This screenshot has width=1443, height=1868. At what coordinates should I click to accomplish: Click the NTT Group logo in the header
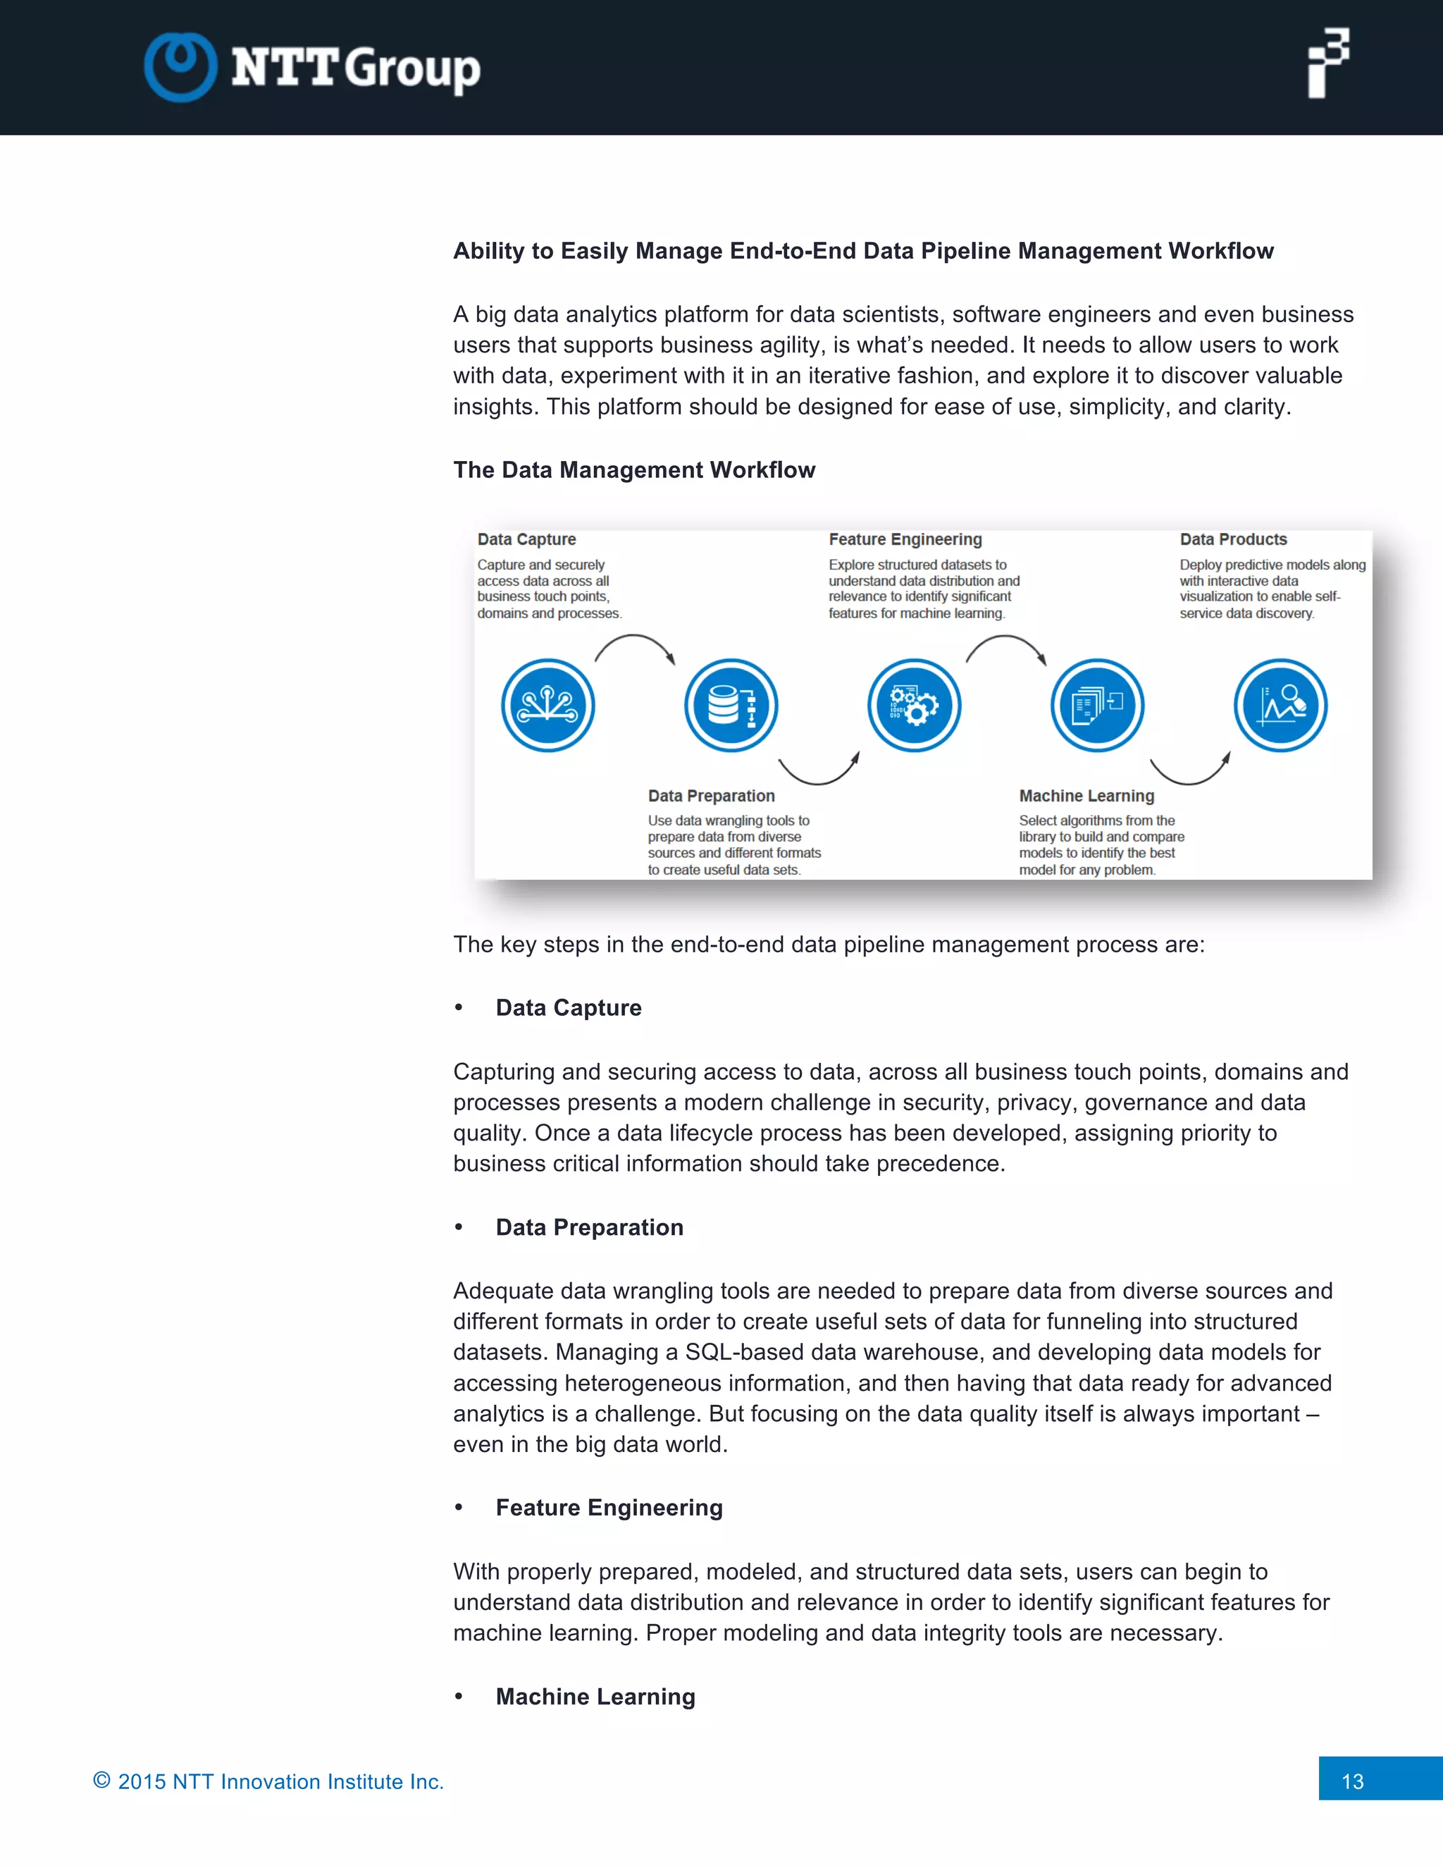pyautogui.click(x=312, y=67)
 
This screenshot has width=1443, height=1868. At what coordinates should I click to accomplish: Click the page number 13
pyautogui.click(x=1352, y=1781)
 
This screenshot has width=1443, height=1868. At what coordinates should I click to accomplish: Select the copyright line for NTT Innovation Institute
pyautogui.click(x=268, y=1781)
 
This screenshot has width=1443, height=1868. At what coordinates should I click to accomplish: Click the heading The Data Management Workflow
pyautogui.click(x=633, y=469)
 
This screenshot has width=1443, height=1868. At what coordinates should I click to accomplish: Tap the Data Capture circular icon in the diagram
pyautogui.click(x=548, y=706)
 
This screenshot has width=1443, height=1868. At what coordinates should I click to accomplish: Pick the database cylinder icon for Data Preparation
pyautogui.click(x=731, y=706)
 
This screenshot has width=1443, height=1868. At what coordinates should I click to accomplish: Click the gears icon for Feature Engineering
pyautogui.click(x=914, y=706)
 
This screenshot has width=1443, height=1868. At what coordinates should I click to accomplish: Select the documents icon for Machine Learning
pyautogui.click(x=1098, y=706)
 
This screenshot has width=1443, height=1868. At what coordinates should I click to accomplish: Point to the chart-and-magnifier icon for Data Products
pyautogui.click(x=1280, y=706)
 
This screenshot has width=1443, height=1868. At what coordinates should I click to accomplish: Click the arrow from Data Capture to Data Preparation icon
pyautogui.click(x=635, y=645)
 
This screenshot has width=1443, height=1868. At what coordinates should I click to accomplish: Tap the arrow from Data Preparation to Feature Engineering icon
pyautogui.click(x=819, y=770)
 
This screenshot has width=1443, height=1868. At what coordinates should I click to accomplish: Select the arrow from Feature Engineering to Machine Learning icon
pyautogui.click(x=1006, y=645)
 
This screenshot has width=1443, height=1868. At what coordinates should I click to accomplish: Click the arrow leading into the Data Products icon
pyautogui.click(x=1190, y=770)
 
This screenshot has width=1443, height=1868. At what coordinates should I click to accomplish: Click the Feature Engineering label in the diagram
pyautogui.click(x=905, y=540)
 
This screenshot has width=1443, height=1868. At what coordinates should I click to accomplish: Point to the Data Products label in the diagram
pyautogui.click(x=1233, y=540)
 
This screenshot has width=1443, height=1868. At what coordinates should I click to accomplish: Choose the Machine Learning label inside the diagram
pyautogui.click(x=1086, y=797)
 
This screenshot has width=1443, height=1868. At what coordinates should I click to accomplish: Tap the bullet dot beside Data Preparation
pyautogui.click(x=459, y=1227)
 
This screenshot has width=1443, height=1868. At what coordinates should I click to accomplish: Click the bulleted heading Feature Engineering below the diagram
pyautogui.click(x=609, y=1508)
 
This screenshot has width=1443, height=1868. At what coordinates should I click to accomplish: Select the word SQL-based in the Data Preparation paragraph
pyautogui.click(x=744, y=1352)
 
